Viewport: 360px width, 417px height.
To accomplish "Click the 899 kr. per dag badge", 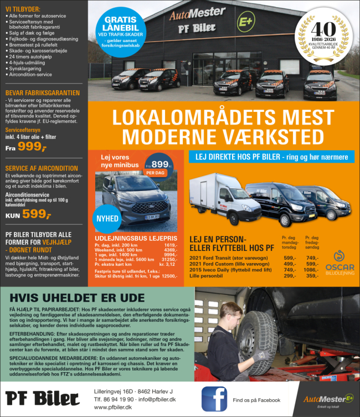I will (160, 164).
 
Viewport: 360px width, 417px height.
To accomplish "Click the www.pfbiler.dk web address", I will (113, 407).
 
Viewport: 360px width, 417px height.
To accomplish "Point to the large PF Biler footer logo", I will (43, 398).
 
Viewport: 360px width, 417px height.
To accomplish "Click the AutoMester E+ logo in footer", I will (328, 398).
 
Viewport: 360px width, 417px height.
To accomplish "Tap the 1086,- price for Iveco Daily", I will (312, 270).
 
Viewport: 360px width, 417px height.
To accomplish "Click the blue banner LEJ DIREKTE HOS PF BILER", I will (271, 157).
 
